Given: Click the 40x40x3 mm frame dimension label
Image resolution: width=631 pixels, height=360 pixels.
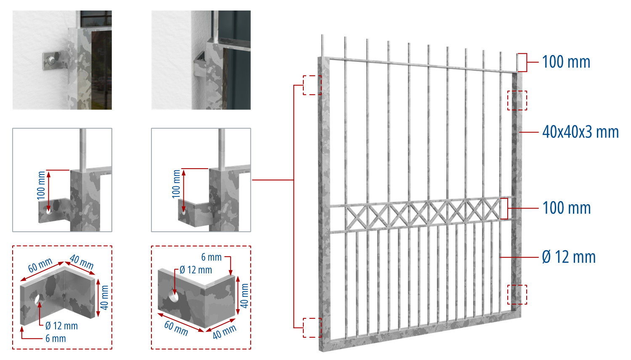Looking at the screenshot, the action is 580,132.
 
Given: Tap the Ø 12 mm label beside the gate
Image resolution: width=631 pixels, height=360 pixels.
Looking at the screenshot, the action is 569,257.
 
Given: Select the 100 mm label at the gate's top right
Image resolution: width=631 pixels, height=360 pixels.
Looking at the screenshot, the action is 566,62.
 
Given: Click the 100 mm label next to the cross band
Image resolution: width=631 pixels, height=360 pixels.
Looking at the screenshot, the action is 566,208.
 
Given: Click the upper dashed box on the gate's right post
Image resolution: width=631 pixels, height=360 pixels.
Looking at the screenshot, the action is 517,100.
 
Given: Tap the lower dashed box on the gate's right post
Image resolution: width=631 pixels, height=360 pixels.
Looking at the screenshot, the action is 517,294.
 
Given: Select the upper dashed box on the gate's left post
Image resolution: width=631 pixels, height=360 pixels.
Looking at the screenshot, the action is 312,85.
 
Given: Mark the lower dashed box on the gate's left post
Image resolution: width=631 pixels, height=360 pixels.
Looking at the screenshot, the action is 312,328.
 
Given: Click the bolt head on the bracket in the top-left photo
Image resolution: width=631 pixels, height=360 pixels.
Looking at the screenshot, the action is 51,60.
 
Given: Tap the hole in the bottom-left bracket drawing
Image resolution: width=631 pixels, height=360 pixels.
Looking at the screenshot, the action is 39,299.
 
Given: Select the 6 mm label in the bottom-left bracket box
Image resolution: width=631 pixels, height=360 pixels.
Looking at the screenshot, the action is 56,338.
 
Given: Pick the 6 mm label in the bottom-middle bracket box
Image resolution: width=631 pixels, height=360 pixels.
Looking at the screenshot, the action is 211,257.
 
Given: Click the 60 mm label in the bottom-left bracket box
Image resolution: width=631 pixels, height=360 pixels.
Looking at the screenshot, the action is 40,265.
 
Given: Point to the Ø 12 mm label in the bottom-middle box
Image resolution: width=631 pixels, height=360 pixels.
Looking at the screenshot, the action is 196,270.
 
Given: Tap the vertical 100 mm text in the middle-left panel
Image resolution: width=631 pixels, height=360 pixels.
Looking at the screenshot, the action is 41,185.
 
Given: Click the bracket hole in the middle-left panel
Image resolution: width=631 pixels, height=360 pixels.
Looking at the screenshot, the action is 48,211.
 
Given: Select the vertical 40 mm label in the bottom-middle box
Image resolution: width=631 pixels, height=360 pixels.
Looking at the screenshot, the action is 244,296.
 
